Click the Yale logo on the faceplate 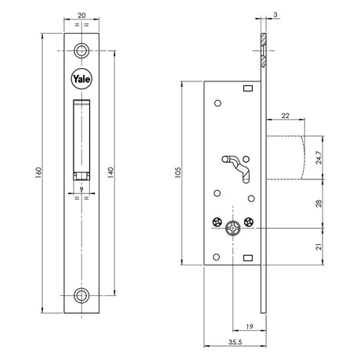tap(81, 79)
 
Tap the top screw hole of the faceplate tap(81, 50)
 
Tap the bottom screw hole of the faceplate tap(81, 296)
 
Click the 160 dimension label tap(38, 173)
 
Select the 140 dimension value tap(111, 173)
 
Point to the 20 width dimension tap(81, 16)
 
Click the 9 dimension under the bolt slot tap(81, 189)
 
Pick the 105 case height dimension tap(178, 173)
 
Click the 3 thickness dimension tap(275, 15)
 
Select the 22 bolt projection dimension tap(286, 115)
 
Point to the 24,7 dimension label tap(319, 157)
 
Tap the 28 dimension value tap(319, 203)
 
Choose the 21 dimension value tap(319, 247)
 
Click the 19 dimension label tap(250, 326)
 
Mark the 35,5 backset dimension tap(236, 342)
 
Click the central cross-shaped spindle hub tap(232, 228)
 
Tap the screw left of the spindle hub tap(217, 222)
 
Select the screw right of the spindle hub tap(248, 222)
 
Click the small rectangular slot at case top tap(248, 88)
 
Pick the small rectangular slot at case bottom tap(248, 258)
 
